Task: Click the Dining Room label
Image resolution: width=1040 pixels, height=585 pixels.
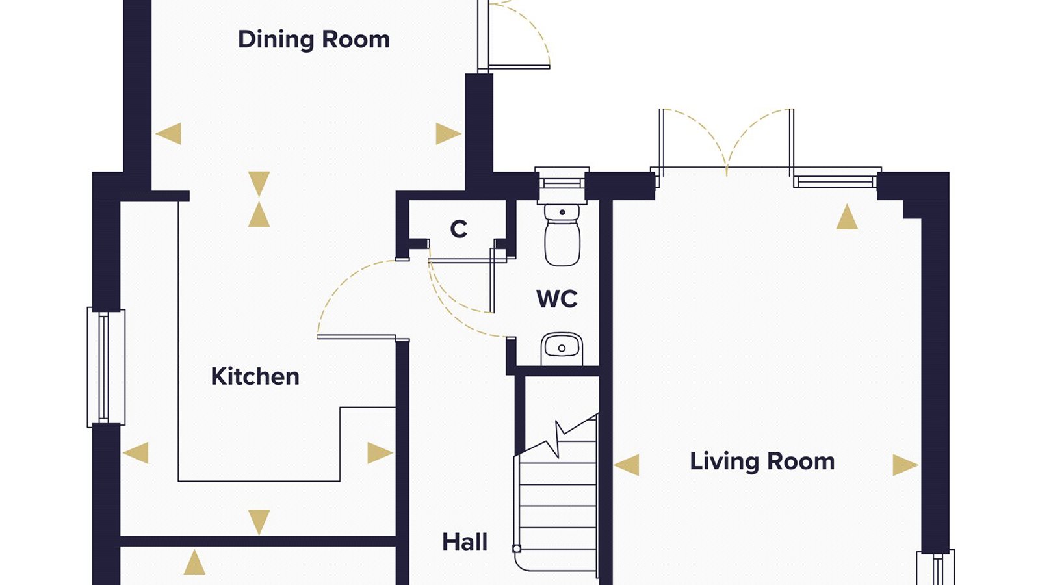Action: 313,40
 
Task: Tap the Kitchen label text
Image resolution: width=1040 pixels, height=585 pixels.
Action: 255,376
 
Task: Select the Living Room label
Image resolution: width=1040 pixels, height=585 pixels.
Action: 762,461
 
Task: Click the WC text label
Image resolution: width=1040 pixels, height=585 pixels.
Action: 556,299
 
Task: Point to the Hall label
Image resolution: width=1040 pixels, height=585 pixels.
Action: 465,542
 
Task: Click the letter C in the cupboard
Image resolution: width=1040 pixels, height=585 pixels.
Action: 459,229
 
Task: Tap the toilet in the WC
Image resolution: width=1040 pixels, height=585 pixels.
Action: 562,235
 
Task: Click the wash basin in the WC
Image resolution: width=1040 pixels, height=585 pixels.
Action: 562,349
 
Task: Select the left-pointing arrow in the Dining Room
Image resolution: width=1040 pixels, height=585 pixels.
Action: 168,134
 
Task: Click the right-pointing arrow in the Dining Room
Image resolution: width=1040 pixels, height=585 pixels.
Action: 448,134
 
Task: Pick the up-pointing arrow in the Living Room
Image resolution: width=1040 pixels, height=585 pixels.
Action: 847,217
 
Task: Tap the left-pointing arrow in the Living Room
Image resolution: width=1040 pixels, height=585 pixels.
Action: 627,465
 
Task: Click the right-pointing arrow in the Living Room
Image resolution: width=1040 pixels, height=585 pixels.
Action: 905,465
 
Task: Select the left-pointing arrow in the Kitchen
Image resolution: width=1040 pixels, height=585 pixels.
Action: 136,452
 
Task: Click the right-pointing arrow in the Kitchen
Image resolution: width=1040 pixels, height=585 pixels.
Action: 380,452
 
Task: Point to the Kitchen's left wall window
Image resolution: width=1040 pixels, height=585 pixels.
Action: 106,367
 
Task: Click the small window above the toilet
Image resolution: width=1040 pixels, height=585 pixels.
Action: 562,178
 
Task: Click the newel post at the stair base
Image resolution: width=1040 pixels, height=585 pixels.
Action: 517,549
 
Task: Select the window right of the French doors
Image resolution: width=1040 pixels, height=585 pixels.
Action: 835,178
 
